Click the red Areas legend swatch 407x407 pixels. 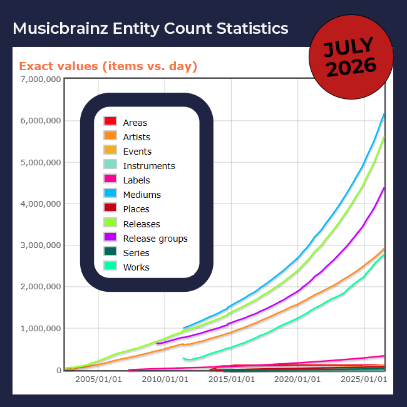110,121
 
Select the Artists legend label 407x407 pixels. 137,137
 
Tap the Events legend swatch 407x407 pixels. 110,150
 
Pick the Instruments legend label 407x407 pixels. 149,166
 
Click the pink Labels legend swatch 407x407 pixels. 110,179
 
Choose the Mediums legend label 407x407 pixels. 142,195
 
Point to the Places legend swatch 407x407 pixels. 110,208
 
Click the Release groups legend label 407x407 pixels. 155,239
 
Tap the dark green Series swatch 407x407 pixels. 110,251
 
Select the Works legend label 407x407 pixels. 137,267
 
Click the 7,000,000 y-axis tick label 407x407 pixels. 41,80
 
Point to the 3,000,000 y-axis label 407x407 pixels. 41,245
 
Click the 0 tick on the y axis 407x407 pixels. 59,371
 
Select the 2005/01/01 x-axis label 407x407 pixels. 98,379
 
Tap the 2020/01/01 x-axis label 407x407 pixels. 297,379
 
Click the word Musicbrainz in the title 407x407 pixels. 60,28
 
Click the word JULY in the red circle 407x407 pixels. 348,47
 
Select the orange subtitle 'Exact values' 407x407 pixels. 59,66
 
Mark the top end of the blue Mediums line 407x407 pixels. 384,114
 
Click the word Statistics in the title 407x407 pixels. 252,28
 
